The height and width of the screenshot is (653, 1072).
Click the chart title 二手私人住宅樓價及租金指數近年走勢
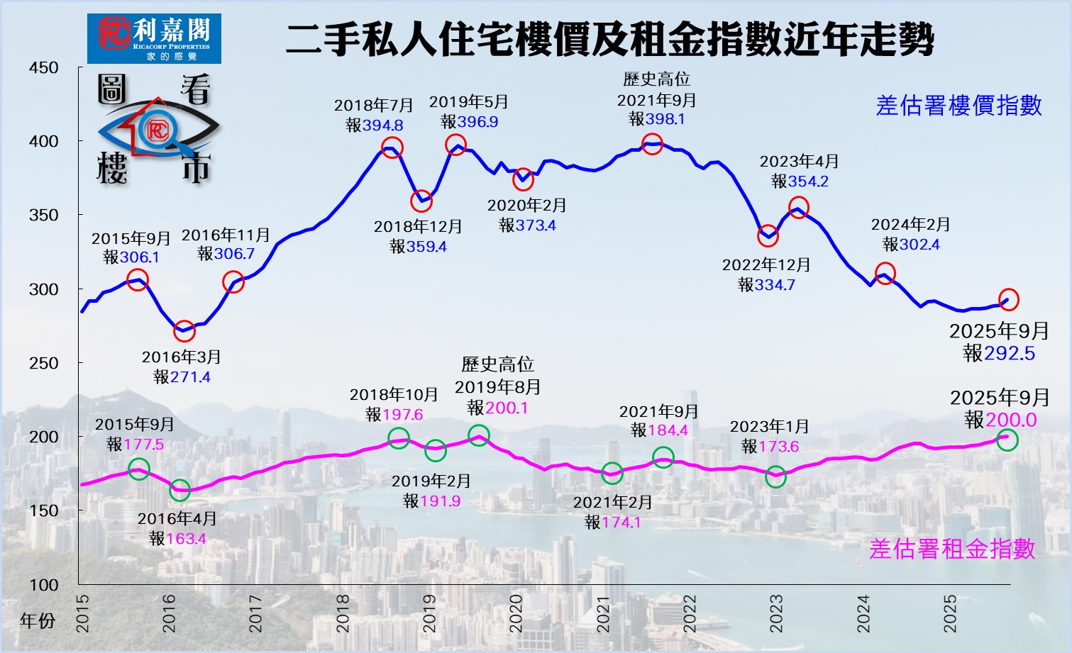609,40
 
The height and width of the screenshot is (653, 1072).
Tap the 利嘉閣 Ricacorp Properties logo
154,38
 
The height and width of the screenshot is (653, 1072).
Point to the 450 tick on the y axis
44,68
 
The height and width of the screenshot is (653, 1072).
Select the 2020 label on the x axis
516,613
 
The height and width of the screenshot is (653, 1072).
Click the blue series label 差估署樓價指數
958,106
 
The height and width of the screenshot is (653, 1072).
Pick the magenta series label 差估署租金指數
952,549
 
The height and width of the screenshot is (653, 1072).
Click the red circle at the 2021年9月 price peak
653,145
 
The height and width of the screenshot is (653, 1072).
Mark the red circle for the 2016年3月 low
184,330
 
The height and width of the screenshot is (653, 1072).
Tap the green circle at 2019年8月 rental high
479,435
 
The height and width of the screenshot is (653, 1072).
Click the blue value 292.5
1009,353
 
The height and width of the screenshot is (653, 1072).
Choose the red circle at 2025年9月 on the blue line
1009,300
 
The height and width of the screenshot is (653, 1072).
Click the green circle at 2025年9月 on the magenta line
1007,440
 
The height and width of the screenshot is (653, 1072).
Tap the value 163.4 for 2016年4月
186,539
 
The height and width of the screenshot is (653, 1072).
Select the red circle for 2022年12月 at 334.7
768,235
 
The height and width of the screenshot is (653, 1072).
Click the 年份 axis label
38,621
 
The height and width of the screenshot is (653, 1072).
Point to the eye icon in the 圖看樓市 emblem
158,130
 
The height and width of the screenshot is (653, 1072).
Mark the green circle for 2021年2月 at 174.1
612,473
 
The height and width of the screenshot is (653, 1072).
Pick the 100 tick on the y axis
44,585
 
